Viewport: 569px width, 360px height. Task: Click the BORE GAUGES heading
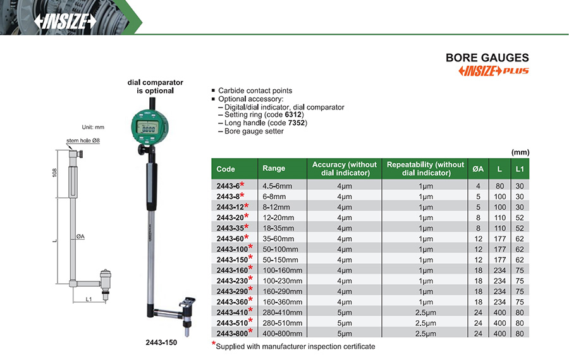pos(487,58)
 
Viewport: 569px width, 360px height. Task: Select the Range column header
pos(274,168)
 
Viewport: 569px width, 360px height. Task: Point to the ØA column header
pos(478,168)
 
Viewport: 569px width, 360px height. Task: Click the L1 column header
pos(520,168)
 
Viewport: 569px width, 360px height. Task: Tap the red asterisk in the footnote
pos(214,344)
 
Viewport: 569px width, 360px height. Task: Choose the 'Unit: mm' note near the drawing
pos(93,127)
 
